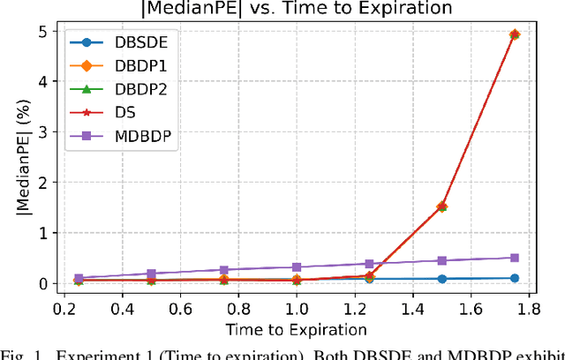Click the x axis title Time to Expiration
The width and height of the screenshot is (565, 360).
(295, 330)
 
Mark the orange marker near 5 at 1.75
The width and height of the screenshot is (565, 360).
(515, 34)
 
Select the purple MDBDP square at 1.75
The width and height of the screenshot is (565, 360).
(515, 258)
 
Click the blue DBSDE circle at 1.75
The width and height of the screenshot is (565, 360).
(515, 278)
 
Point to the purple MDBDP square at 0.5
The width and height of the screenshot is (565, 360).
(151, 274)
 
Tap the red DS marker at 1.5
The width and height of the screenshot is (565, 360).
(442, 206)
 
